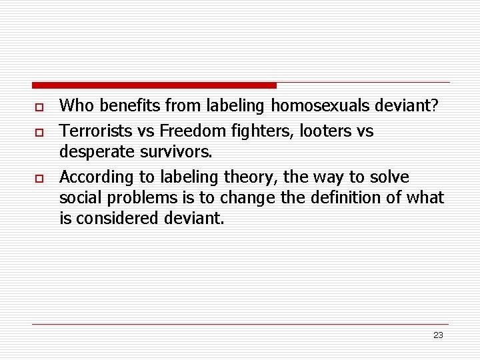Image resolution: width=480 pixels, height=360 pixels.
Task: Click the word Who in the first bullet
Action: pyautogui.click(x=74, y=105)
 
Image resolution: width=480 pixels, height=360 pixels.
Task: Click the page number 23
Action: pyautogui.click(x=438, y=335)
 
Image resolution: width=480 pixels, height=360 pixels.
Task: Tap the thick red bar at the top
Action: pyautogui.click(x=154, y=85)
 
